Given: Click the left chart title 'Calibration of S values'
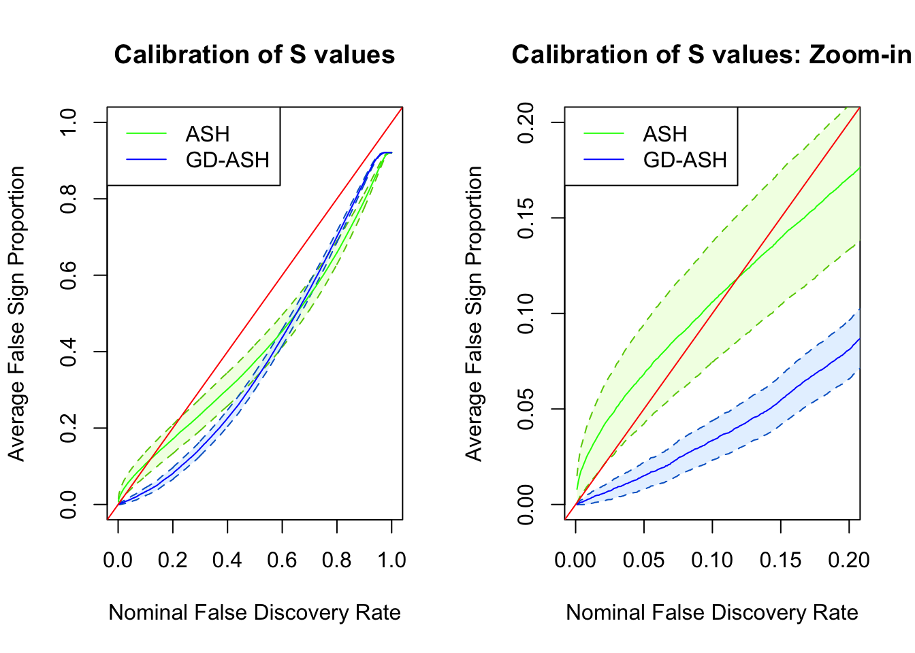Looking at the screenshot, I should (254, 54).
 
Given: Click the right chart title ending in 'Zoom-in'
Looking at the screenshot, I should (711, 54).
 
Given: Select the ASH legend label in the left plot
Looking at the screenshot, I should (208, 134).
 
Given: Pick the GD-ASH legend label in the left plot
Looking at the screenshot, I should (227, 160).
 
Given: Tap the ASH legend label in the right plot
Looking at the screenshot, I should (665, 134).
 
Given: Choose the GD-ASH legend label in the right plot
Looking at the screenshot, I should (685, 160).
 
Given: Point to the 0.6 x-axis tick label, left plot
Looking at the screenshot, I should (282, 560).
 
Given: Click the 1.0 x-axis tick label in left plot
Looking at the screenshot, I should (391, 560).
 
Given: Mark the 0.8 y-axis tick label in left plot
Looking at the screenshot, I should (68, 199).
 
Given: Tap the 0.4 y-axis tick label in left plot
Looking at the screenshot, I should (68, 352).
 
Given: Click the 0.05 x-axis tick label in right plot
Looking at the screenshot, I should (643, 560).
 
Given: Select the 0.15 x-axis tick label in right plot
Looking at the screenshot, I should (780, 560).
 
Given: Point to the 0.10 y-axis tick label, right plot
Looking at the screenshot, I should (526, 314).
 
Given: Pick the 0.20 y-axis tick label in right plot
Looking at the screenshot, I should (526, 122).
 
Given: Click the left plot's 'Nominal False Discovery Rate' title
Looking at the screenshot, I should (254, 613).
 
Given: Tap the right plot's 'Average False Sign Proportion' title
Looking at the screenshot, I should (474, 314).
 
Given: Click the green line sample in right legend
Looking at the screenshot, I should (604, 134).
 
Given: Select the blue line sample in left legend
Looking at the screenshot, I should (146, 160).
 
